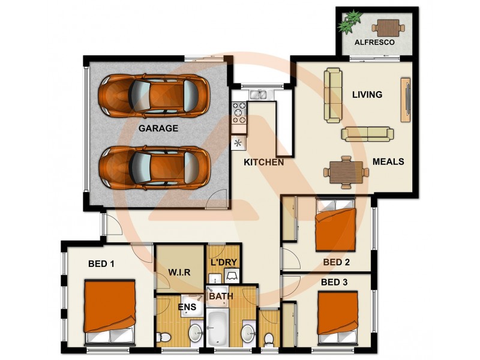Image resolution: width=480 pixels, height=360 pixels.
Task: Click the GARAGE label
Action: (158, 128)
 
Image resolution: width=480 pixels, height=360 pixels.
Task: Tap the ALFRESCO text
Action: (374, 43)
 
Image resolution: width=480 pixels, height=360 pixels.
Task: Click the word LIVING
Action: (367, 95)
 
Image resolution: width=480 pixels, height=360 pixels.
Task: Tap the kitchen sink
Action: (259, 94)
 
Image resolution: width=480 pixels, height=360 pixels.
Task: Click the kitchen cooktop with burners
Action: (239, 110)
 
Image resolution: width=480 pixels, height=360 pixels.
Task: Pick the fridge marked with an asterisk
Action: (238, 143)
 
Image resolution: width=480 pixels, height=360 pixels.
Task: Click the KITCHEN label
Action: (263, 163)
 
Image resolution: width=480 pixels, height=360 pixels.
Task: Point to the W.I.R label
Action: (179, 272)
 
